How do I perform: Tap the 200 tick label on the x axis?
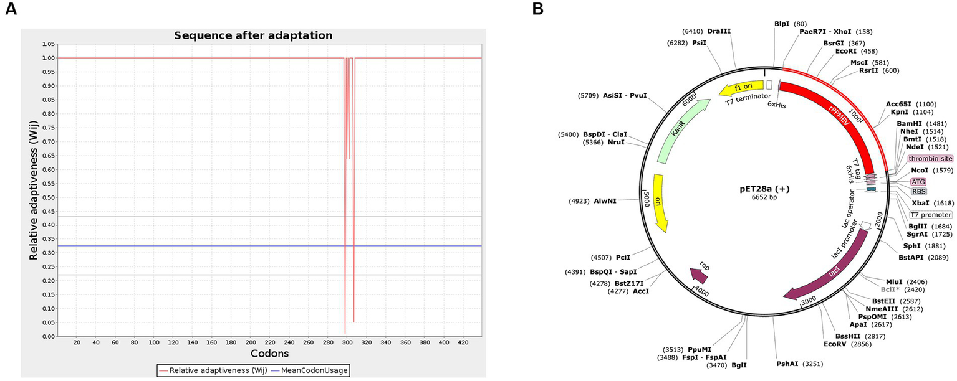click(x=250, y=343)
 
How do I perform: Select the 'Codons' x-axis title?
click(x=269, y=354)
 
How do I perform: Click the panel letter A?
click(x=11, y=11)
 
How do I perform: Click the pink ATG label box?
click(x=918, y=181)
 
